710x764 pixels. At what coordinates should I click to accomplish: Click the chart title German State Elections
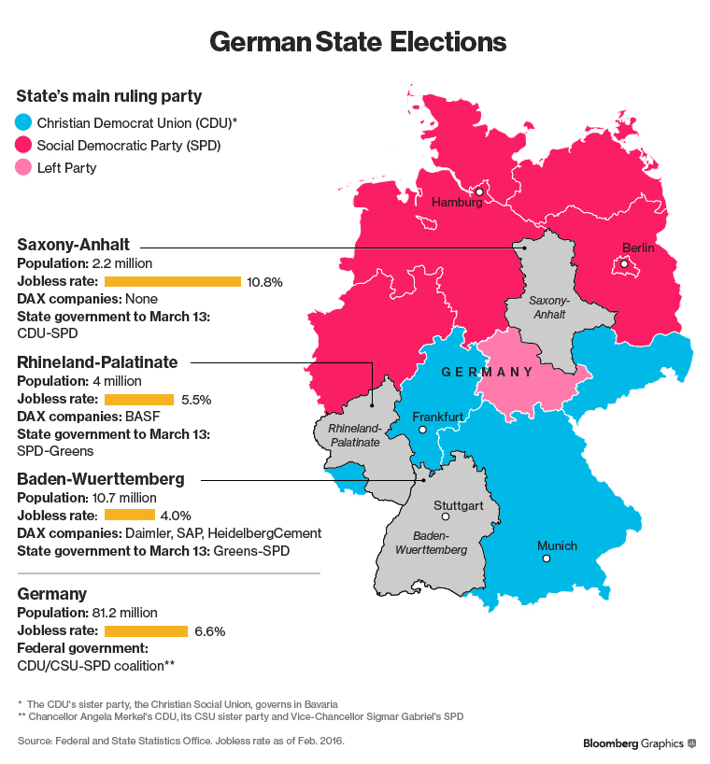point(358,43)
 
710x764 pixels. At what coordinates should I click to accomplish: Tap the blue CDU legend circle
point(24,121)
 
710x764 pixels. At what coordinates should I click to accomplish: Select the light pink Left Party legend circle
point(24,168)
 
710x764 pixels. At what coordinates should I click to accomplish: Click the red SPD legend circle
point(24,145)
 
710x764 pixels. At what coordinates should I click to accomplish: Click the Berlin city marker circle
point(624,265)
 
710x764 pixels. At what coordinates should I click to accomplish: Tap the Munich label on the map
point(557,545)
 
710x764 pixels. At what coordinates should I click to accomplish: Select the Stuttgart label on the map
point(457,505)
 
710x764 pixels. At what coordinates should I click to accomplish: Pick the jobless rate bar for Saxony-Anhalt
point(173,281)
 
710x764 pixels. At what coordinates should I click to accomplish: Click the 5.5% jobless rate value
point(196,399)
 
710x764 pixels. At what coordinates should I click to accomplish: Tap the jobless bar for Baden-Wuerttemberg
point(129,515)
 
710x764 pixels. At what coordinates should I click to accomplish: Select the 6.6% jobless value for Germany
point(209,630)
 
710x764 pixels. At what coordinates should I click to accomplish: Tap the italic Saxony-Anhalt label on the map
point(548,308)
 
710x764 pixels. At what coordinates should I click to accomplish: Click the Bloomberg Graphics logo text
point(632,743)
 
